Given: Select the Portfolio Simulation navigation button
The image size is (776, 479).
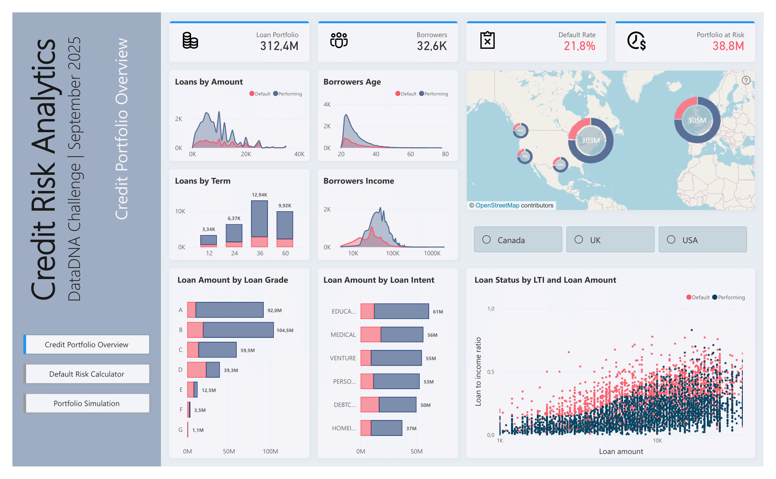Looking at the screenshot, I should [x=86, y=403].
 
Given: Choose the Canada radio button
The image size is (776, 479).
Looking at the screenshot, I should [x=487, y=239].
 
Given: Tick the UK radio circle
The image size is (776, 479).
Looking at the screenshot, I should [x=579, y=239].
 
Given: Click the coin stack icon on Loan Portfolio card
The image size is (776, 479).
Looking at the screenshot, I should [x=190, y=41].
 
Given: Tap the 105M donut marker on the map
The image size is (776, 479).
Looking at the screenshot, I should [x=697, y=120].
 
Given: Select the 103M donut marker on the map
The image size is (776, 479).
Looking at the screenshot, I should [x=590, y=140].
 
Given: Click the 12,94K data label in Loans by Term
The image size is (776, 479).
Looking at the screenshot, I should [x=259, y=195].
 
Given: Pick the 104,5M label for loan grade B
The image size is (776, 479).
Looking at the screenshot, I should [x=285, y=330].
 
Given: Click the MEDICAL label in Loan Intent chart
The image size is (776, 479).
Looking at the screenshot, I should [x=343, y=335].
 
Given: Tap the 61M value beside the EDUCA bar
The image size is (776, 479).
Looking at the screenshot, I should [x=438, y=312].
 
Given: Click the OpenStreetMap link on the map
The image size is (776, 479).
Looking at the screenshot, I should [x=497, y=205].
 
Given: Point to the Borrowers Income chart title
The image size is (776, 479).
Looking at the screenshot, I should [x=359, y=181].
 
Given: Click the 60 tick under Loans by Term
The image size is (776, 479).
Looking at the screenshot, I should [x=285, y=253].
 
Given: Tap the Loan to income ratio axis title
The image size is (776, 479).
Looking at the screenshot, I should [x=478, y=372].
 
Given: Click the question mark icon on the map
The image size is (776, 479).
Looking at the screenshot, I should [x=746, y=80].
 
